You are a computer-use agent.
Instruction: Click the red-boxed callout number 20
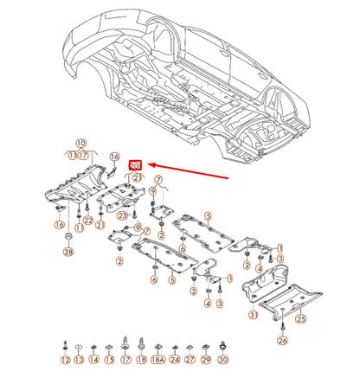coord(135,164)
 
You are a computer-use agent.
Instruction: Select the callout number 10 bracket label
coord(81,144)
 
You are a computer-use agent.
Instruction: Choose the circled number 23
coord(123,215)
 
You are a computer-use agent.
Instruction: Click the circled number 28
coord(68,252)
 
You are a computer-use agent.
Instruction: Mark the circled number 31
coord(253,316)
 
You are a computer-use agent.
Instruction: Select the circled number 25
coord(301,318)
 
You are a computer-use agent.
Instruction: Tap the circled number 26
coord(282,341)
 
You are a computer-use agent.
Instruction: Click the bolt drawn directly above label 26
coord(282,326)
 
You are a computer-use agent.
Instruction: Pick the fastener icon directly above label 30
coord(223,344)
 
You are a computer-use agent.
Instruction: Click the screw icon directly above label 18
coord(142,345)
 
